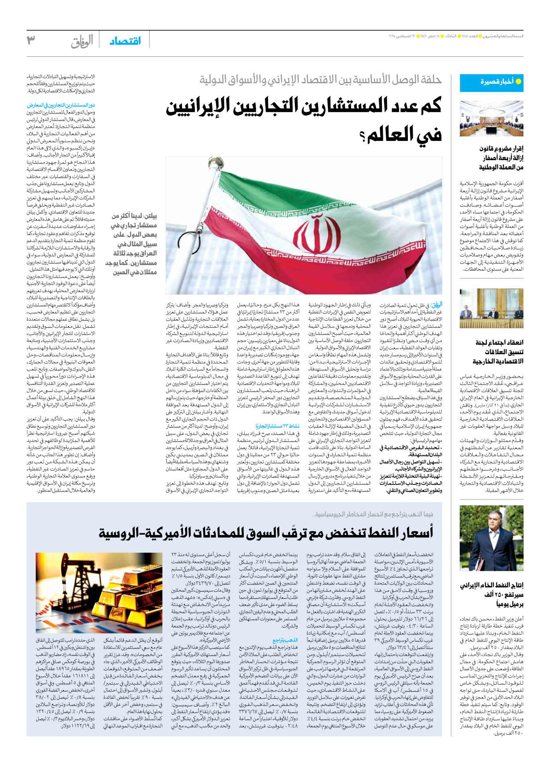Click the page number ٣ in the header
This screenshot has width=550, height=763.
(x=31, y=40)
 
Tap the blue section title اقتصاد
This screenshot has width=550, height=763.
(x=125, y=41)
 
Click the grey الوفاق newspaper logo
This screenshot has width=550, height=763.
(x=82, y=42)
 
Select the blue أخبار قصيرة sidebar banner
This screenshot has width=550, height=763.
(x=491, y=82)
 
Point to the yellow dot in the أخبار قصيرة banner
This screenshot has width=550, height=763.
(x=518, y=82)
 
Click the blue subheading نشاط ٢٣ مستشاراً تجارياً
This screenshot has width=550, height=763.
(x=277, y=426)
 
